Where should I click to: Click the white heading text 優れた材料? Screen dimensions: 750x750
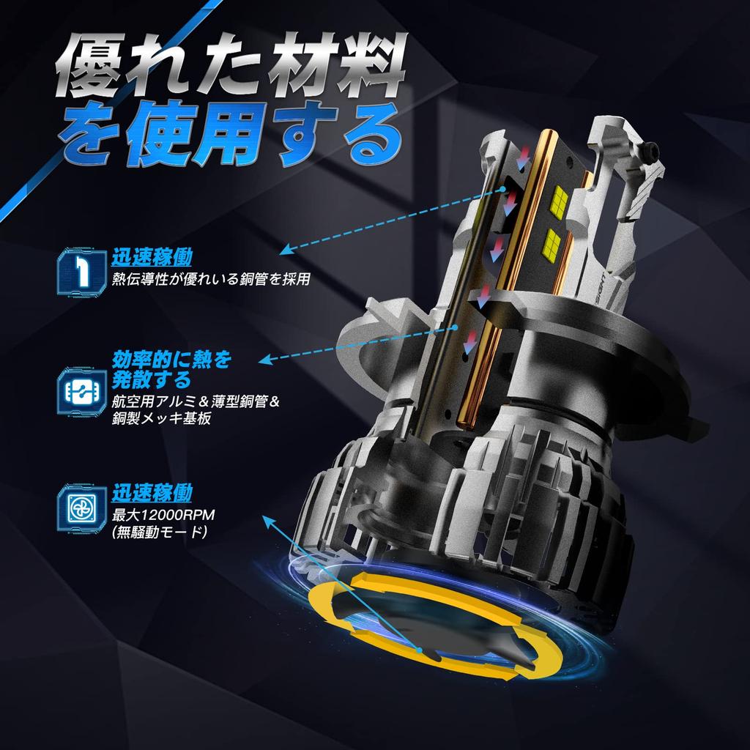click(231, 64)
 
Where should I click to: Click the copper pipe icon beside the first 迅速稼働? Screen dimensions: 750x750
click(82, 271)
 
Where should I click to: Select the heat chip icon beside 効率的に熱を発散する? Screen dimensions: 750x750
click(82, 390)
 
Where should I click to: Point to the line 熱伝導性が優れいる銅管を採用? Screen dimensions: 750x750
click(211, 278)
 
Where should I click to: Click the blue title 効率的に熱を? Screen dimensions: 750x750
click(171, 359)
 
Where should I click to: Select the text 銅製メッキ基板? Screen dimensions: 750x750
click(161, 418)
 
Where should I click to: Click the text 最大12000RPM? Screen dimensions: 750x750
click(163, 515)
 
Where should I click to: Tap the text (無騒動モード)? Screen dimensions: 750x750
click(159, 532)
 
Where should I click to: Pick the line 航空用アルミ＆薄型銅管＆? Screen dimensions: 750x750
click(196, 401)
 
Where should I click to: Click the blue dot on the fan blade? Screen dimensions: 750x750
click(420, 650)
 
